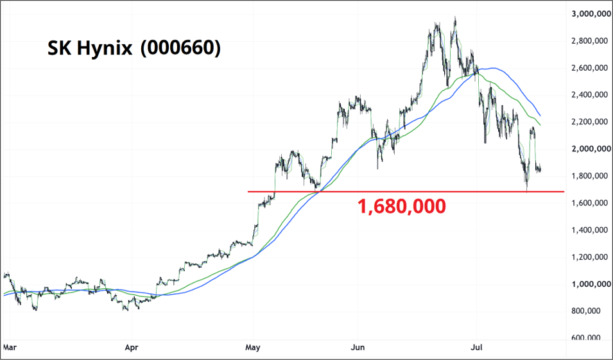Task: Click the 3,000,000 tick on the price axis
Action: (x=591, y=13)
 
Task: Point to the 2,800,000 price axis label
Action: (x=591, y=40)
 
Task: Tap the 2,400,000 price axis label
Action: (x=591, y=94)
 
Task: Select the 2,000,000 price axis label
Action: (x=591, y=148)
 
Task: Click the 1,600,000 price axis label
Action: (x=591, y=203)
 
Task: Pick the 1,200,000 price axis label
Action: (x=591, y=257)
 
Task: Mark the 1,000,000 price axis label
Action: (x=591, y=284)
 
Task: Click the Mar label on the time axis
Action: (x=10, y=347)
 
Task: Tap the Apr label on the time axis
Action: (x=132, y=347)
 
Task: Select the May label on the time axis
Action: (x=253, y=347)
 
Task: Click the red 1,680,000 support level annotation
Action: (x=402, y=207)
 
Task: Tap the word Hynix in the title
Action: (x=105, y=49)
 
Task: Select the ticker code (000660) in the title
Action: (x=180, y=48)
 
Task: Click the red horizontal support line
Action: (x=406, y=191)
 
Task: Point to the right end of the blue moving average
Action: (x=540, y=116)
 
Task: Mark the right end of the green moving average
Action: (x=540, y=125)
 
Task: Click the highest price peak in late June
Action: (x=455, y=17)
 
